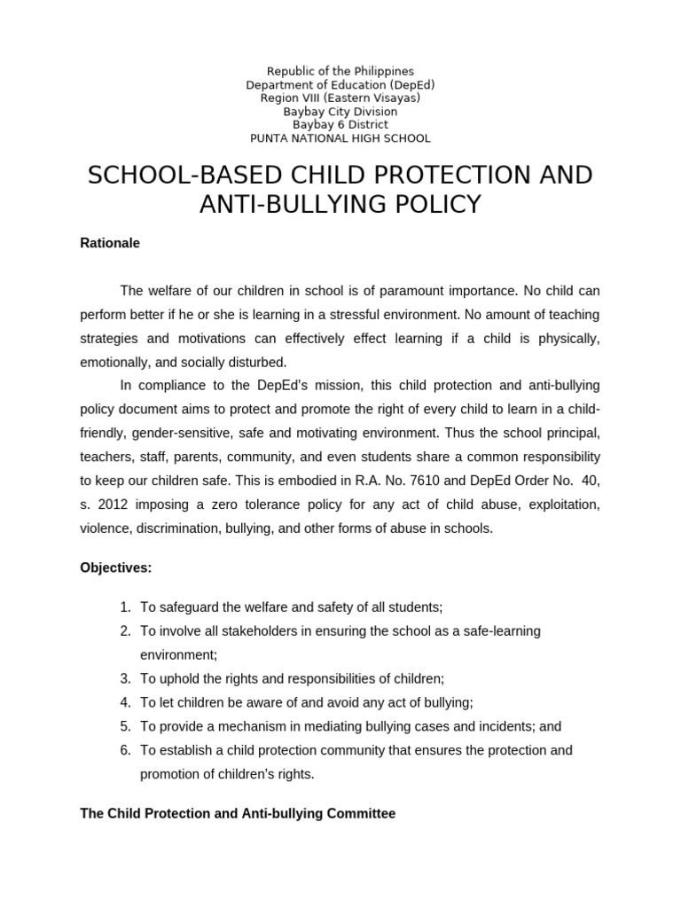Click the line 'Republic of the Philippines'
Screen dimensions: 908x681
(340, 71)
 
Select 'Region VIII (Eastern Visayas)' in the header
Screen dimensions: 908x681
(340, 98)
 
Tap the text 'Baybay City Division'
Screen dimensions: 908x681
(340, 112)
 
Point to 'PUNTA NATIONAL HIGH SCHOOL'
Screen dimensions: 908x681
(340, 138)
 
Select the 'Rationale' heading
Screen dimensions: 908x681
(110, 243)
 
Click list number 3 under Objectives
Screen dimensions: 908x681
(125, 678)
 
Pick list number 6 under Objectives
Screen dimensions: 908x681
(125, 750)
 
